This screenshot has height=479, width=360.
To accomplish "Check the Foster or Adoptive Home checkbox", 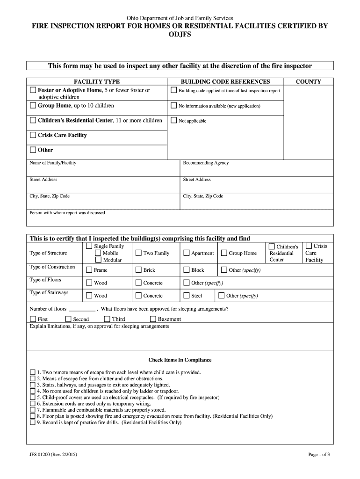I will [x=33, y=90].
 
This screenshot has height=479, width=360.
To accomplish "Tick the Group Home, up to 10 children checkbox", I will [x=33, y=106].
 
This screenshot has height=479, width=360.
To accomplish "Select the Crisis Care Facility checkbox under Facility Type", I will [x=33, y=135].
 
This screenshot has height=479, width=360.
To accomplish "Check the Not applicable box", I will [x=174, y=121].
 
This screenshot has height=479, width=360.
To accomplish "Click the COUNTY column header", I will [x=308, y=81].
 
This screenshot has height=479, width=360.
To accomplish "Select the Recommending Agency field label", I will [x=206, y=163].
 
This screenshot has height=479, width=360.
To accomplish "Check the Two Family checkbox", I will [x=138, y=253].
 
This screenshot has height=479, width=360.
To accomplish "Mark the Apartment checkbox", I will [x=187, y=253].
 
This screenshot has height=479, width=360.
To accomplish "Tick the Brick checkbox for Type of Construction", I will [x=138, y=270].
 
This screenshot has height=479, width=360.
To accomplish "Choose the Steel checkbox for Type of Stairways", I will [x=187, y=296].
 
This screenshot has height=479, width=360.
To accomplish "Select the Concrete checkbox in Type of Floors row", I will [x=138, y=283].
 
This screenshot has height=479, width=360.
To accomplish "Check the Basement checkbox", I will [x=153, y=319].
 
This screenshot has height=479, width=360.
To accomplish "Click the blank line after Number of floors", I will [x=82, y=309].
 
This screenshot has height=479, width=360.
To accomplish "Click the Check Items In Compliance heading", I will [x=180, y=360].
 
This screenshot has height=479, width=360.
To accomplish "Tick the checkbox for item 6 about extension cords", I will [x=33, y=403].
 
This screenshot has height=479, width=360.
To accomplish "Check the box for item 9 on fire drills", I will [x=33, y=422].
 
